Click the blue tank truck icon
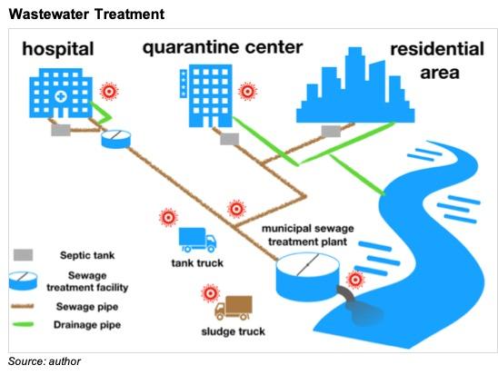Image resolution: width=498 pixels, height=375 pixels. [x=197, y=240]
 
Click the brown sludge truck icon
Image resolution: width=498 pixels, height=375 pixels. [x=234, y=308]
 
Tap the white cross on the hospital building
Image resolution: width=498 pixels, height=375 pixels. [x=60, y=96]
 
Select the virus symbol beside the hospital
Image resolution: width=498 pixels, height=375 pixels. [x=109, y=92]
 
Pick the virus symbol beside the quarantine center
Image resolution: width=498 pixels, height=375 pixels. [x=248, y=92]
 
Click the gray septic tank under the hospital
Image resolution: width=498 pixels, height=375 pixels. [x=61, y=130]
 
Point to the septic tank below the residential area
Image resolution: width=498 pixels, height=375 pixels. [x=331, y=131]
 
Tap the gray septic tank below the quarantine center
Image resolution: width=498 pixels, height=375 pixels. [x=230, y=139]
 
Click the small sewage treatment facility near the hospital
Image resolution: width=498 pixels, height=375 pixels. [x=116, y=139]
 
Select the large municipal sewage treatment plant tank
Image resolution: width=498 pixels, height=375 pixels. [x=307, y=277]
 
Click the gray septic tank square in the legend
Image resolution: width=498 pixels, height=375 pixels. [x=23, y=255]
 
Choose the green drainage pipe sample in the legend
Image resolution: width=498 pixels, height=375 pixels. [x=23, y=324]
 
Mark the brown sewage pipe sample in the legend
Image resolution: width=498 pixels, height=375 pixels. [x=23, y=306]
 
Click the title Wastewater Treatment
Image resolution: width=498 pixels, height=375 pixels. [x=86, y=14]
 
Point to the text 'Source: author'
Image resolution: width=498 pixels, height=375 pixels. [x=45, y=361]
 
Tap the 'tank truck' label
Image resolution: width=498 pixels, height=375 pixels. [x=197, y=263]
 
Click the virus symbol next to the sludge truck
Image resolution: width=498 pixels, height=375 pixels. [x=210, y=293]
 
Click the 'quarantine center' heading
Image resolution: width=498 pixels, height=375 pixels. [x=223, y=47]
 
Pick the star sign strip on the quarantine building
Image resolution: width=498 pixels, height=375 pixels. [x=184, y=84]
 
